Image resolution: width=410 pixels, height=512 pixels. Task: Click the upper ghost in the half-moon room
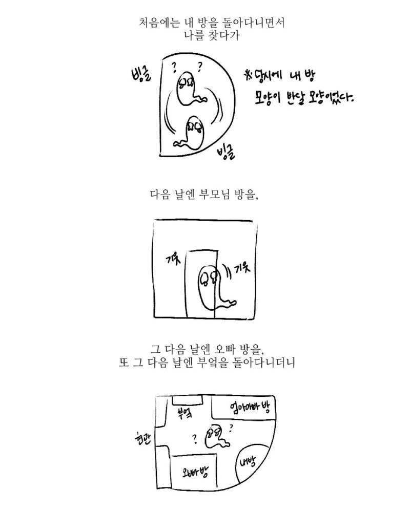coord(187,88)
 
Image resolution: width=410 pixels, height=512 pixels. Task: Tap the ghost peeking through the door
coord(213,287)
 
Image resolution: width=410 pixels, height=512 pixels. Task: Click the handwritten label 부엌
coord(184,412)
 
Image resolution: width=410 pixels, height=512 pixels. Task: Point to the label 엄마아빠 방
coord(250,407)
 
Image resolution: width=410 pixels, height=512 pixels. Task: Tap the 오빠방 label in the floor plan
coord(195,471)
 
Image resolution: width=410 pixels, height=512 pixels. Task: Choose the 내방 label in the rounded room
coord(248,462)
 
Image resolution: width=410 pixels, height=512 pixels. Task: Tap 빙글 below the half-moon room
coord(225,153)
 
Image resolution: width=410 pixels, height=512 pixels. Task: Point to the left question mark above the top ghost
coord(174,67)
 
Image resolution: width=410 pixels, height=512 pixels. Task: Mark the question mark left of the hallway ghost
coord(195,439)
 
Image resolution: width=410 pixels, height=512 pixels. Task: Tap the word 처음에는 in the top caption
coord(158,23)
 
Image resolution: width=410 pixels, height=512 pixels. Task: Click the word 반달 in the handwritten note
coord(291,97)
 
